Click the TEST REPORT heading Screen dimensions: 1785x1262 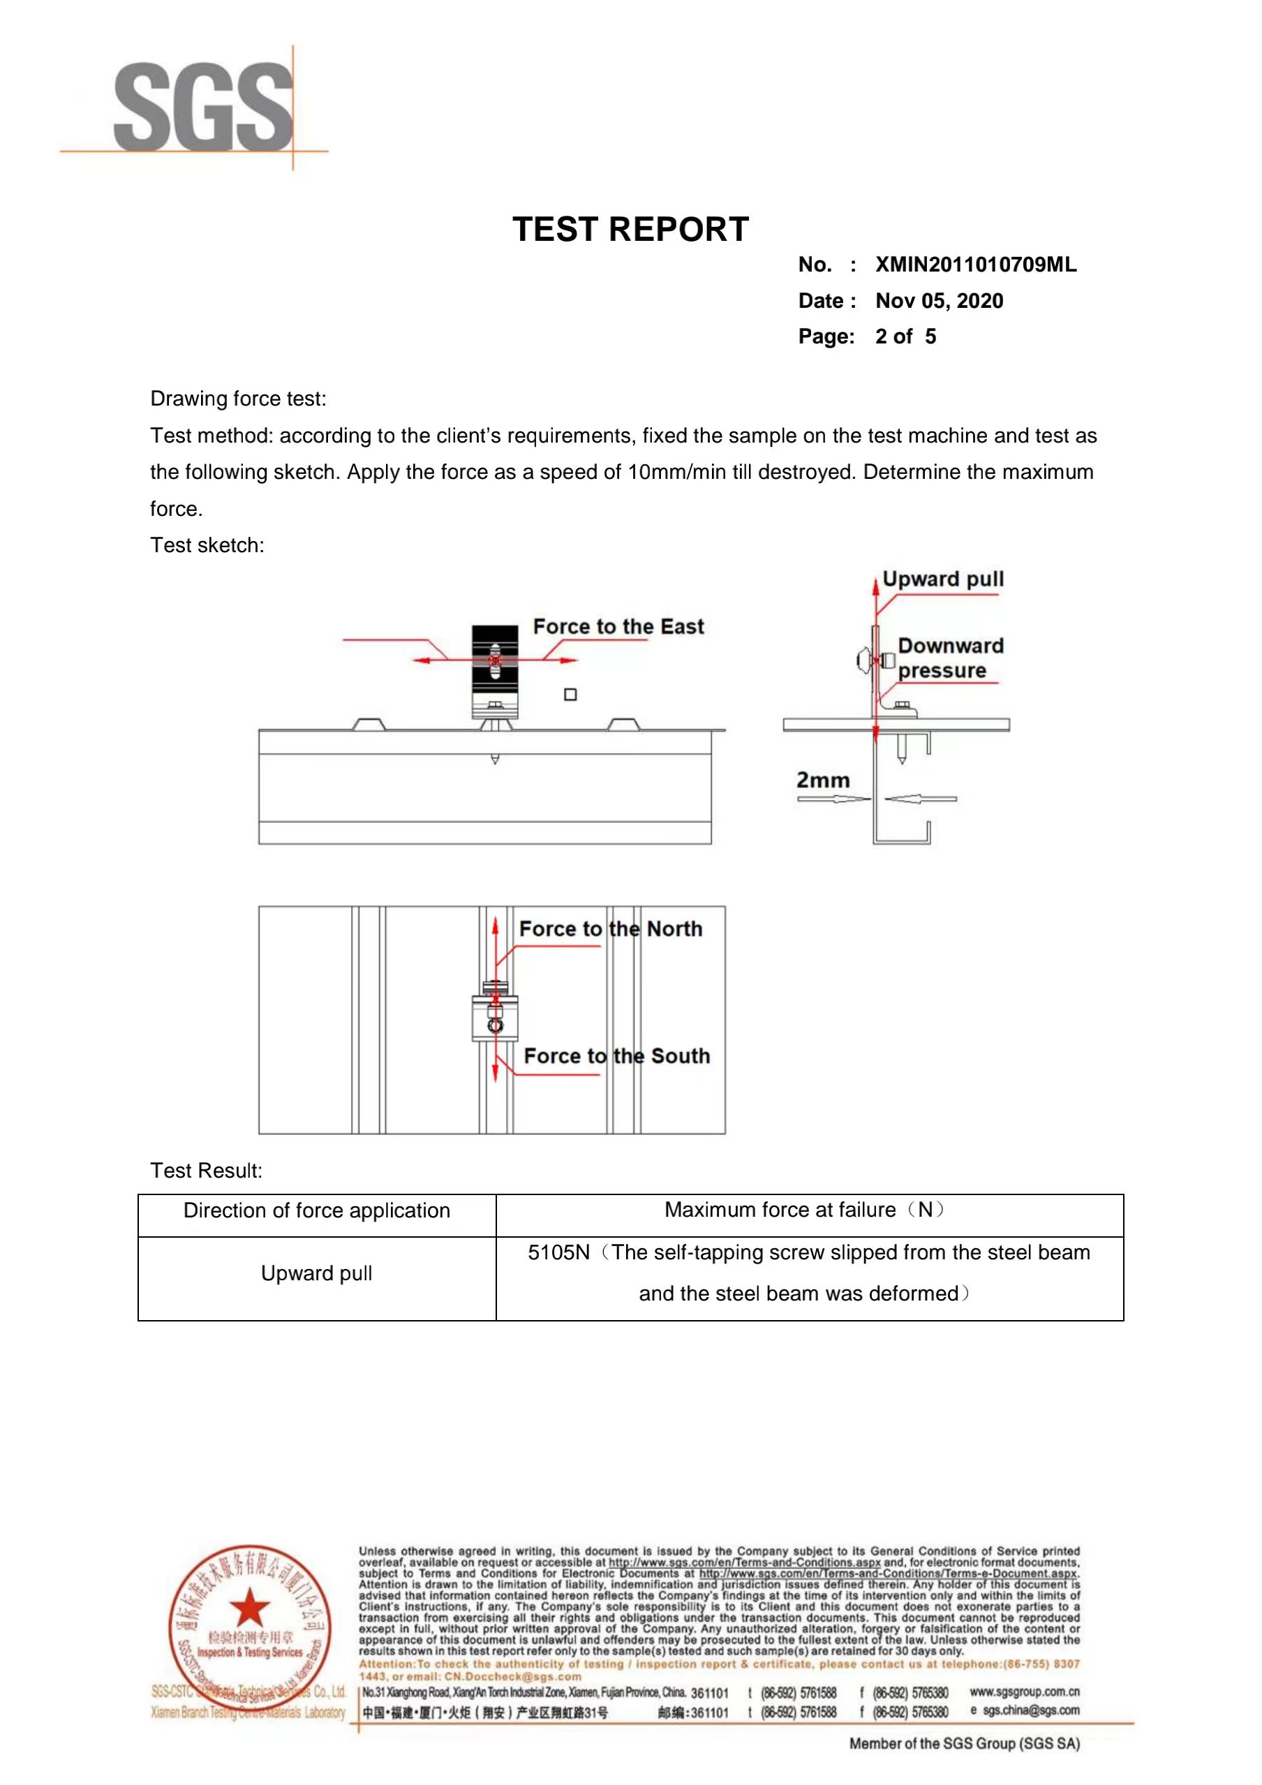coord(630,230)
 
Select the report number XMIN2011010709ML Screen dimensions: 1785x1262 coord(975,265)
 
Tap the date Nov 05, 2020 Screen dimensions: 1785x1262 coord(939,301)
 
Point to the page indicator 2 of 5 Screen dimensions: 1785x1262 coord(905,336)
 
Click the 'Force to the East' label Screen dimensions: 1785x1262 coord(618,627)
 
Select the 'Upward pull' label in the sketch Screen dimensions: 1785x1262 coord(942,579)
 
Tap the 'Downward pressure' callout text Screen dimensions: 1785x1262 coord(949,658)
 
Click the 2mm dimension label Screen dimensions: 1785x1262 coord(823,780)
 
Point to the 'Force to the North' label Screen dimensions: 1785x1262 coord(610,929)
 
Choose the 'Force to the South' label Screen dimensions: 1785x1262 coord(616,1056)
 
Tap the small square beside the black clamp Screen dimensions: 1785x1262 coord(571,695)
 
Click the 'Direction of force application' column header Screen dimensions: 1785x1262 coord(316,1210)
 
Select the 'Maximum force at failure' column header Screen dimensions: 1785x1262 coord(803,1210)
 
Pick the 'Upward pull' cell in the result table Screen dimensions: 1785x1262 coord(316,1273)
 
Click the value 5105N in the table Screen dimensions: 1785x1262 coord(558,1252)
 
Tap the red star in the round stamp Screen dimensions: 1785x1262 coord(250,1608)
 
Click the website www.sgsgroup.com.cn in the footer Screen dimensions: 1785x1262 coord(1024,1691)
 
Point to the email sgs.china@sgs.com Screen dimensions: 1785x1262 coord(1030,1710)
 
